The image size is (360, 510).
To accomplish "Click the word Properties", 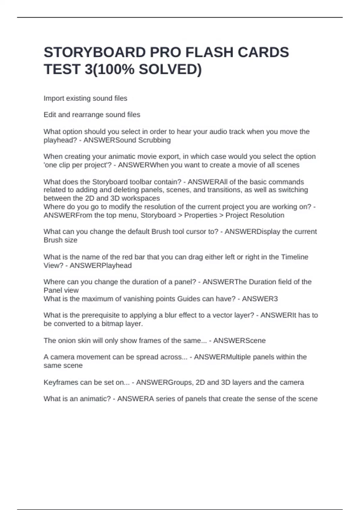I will (x=200, y=215).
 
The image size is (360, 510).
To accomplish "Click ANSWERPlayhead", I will (x=100, y=265).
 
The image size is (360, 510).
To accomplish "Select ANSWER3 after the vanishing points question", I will (x=260, y=299).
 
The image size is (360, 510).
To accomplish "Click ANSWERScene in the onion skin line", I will (x=239, y=340).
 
